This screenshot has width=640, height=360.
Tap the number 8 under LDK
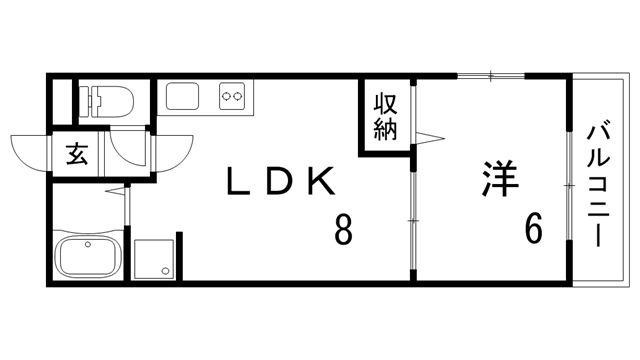[343, 231]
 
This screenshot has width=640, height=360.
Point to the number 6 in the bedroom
[533, 230]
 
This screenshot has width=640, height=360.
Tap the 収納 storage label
[387, 116]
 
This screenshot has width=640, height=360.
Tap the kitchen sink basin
[186, 97]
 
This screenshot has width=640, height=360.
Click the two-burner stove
[233, 97]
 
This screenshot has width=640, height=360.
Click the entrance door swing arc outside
[30, 153]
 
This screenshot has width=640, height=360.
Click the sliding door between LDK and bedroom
[412, 217]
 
